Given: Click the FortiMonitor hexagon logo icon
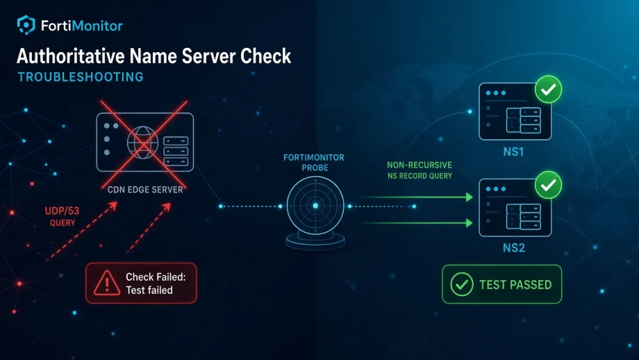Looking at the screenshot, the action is (26, 25).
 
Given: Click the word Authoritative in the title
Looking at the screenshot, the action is (71, 56).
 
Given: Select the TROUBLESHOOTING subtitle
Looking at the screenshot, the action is (81, 76).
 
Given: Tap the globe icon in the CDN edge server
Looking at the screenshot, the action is (142, 142).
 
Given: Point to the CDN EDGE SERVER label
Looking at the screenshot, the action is (145, 190).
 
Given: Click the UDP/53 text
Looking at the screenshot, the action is (62, 211).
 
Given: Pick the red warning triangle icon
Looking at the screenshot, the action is (107, 283).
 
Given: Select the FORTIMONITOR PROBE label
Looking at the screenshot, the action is (314, 162).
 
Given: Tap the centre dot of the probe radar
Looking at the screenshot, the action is (315, 206).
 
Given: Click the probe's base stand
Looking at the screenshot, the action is (315, 240).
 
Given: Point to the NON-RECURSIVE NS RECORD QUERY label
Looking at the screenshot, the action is (420, 170).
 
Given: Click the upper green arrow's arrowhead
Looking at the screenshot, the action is (469, 197).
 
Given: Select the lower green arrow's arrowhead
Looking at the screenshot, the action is (469, 223).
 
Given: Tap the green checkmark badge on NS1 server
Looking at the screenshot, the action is (548, 89).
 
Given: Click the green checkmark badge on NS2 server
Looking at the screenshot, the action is (548, 185).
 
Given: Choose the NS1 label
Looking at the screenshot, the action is (513, 152).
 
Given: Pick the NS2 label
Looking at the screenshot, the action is (513, 248).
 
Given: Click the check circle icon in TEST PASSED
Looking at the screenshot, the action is (462, 284).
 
